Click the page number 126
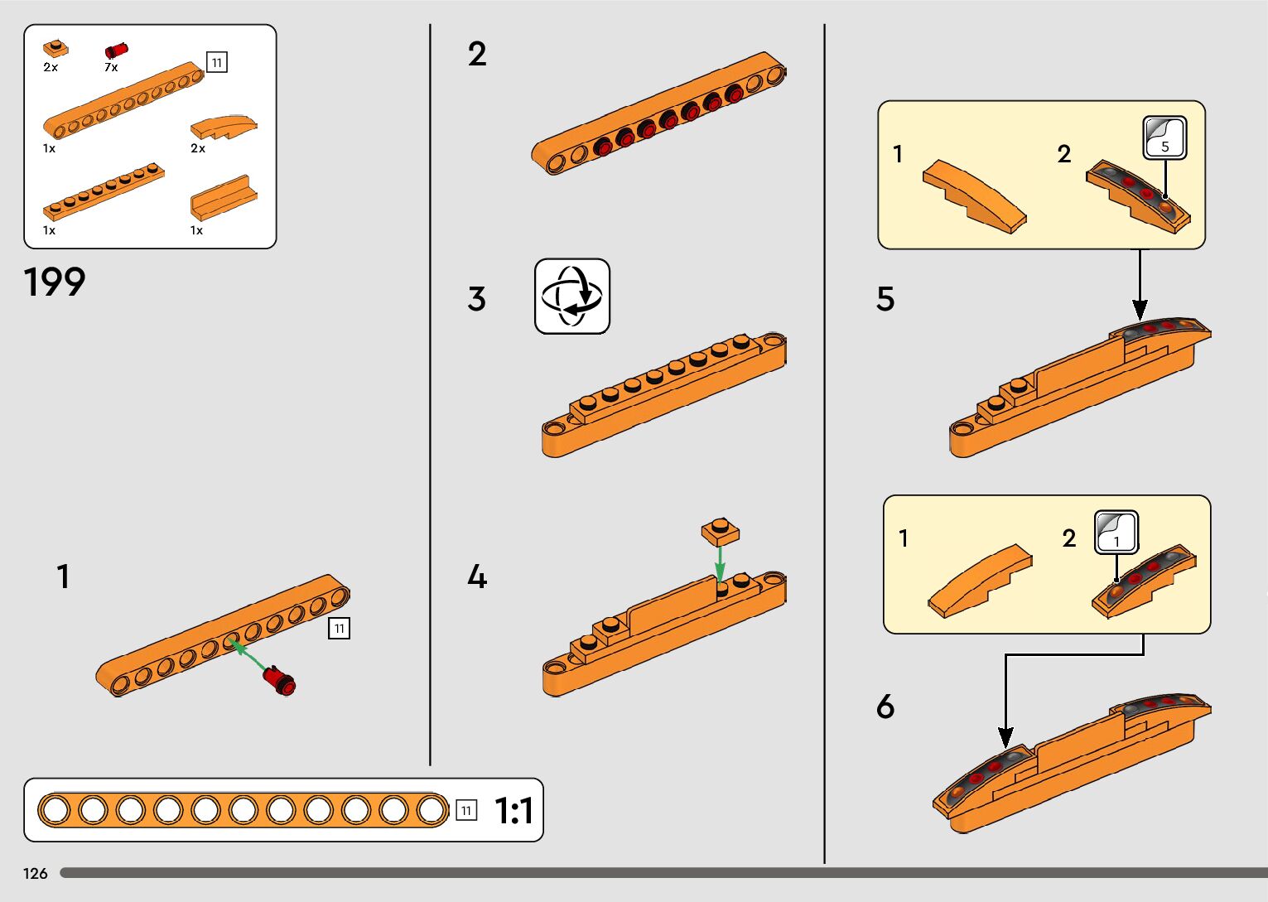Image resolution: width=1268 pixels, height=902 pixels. (36, 873)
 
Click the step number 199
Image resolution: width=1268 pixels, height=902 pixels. (55, 282)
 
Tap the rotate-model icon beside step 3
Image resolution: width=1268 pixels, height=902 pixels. (571, 297)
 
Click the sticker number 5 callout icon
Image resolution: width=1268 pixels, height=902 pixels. (1164, 137)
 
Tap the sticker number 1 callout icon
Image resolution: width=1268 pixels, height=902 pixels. (1116, 532)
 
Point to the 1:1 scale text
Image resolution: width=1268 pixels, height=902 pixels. (513, 811)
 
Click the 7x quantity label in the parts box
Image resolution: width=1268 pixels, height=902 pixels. (111, 67)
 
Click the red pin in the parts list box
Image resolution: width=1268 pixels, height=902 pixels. (116, 51)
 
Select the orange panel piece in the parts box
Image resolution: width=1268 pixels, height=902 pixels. (223, 197)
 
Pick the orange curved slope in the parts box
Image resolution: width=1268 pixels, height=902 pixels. (224, 127)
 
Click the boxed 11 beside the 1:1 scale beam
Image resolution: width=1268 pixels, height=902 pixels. (466, 810)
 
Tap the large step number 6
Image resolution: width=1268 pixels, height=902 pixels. (885, 707)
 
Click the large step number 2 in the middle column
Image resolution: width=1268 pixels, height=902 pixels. (477, 55)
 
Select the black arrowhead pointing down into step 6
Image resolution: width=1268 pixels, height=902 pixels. (1005, 736)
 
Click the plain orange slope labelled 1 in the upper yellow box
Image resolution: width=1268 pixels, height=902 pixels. (974, 195)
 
